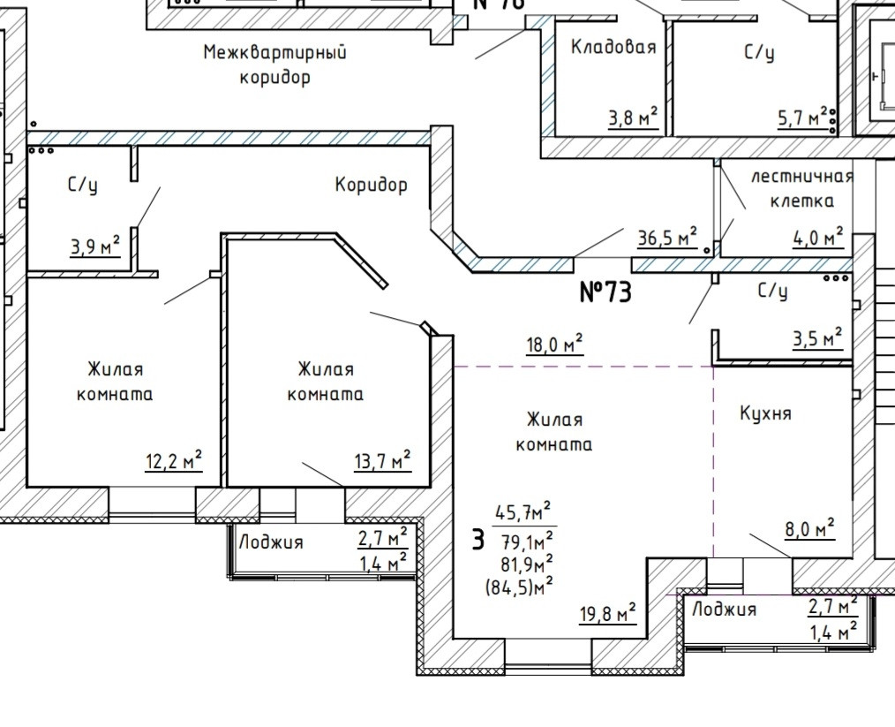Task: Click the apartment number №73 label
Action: tap(605, 292)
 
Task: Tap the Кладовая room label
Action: tap(613, 48)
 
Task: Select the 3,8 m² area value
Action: tap(633, 117)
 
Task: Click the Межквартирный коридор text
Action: tap(275, 64)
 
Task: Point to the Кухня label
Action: tap(766, 413)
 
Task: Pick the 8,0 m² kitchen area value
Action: tap(809, 529)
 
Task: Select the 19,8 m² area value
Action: tap(607, 613)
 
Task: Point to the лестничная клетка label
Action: tap(802, 188)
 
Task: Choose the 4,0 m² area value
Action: tap(817, 237)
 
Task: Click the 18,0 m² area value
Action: tap(554, 345)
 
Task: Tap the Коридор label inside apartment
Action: tap(371, 185)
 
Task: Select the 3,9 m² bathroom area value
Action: tap(95, 246)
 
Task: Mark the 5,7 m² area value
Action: tap(801, 117)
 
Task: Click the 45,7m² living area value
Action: tap(523, 511)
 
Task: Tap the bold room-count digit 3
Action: tap(478, 539)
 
